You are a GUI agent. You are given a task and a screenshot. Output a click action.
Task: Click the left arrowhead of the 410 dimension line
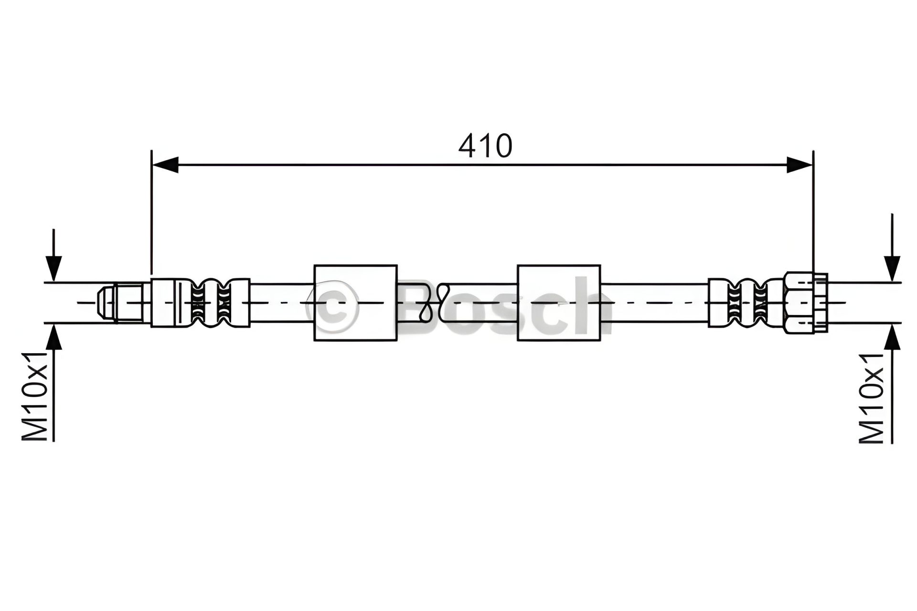pyautogui.click(x=165, y=165)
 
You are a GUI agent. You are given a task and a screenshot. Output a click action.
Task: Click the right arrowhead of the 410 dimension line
pyautogui.click(x=800, y=165)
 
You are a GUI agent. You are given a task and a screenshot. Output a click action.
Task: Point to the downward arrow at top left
pyautogui.click(x=53, y=255)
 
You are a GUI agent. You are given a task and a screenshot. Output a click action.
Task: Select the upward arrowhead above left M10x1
pyautogui.click(x=53, y=337)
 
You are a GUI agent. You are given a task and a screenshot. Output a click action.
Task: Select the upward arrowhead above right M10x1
pyautogui.click(x=892, y=337)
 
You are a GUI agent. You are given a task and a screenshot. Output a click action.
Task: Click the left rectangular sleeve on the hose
pyautogui.click(x=355, y=303)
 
